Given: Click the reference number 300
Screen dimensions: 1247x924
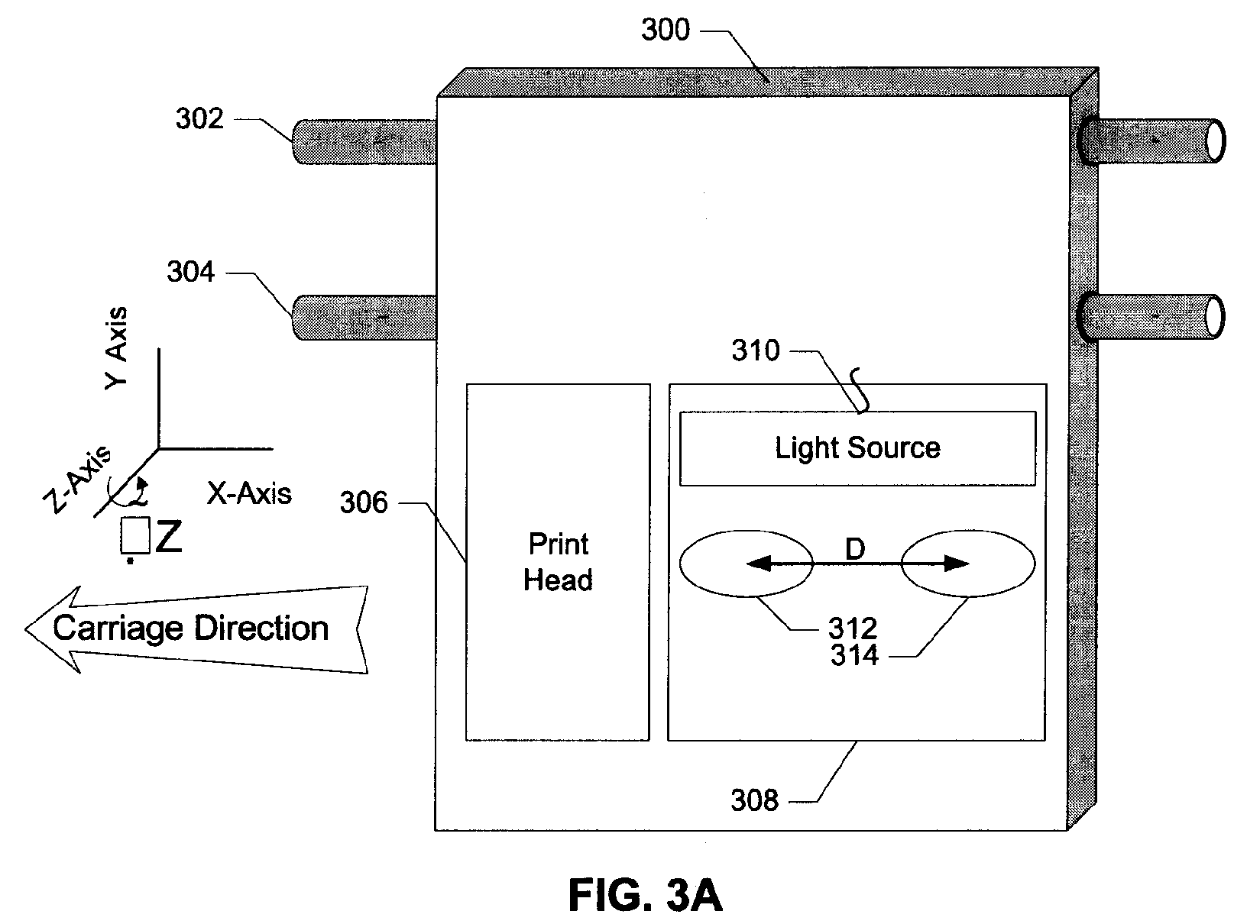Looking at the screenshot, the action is [x=665, y=30].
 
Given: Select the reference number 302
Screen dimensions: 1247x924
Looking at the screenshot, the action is [x=199, y=118].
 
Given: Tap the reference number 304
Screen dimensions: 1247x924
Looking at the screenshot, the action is [x=190, y=272].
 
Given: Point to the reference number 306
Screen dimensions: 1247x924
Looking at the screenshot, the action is [x=364, y=502].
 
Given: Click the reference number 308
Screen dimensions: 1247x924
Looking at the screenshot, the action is [x=754, y=800].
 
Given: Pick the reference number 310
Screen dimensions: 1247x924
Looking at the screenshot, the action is [x=756, y=351].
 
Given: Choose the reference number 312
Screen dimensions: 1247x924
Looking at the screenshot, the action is [x=852, y=628].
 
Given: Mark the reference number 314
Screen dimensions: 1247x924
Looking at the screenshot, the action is [x=854, y=655].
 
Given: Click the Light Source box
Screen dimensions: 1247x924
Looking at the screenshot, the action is [x=857, y=448].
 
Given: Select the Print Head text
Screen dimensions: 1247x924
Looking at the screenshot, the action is [x=559, y=562].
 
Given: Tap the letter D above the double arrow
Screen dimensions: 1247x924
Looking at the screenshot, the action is [x=855, y=549].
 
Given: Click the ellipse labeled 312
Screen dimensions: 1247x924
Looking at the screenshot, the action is [x=747, y=564].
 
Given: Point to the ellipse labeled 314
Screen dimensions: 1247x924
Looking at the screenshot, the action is [x=967, y=564].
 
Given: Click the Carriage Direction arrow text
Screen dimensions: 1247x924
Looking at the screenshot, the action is [x=190, y=628].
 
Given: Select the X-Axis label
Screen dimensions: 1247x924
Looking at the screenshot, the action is [x=250, y=493].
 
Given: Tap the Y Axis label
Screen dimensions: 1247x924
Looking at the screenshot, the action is [x=116, y=348].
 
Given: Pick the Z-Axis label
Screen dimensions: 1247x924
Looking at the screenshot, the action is [x=78, y=480].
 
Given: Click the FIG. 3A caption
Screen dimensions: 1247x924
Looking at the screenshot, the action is [x=645, y=895].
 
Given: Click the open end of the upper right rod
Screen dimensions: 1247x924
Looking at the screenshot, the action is [x=1215, y=141].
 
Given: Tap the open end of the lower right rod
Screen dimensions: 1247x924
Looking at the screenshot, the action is [x=1214, y=317].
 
